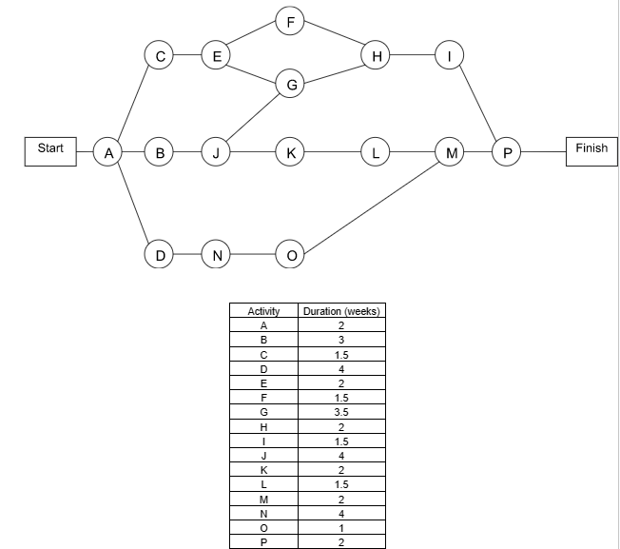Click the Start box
(50, 150)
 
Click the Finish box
(591, 150)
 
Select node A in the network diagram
(109, 151)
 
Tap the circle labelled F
(291, 18)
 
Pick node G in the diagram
(291, 85)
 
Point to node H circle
(378, 56)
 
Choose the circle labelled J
(217, 151)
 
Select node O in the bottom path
(291, 255)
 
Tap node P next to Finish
(507, 151)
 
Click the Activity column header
(263, 311)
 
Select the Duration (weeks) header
(340, 311)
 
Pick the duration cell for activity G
(340, 412)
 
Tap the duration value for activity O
(340, 527)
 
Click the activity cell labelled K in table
(263, 469)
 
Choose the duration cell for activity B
(340, 340)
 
